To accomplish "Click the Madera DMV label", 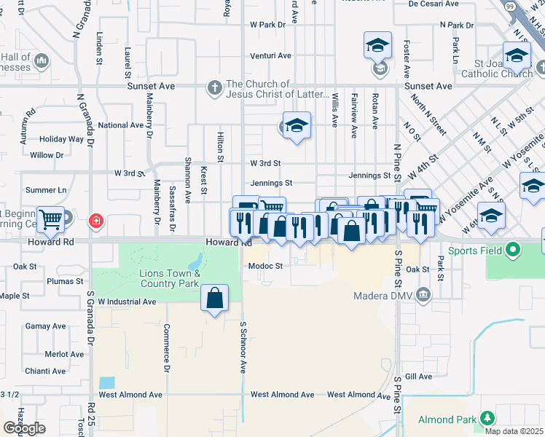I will pyautogui.click(x=383, y=296).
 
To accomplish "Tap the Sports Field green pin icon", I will pyautogui.click(x=513, y=251).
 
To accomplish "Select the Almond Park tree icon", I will pyautogui.click(x=486, y=419).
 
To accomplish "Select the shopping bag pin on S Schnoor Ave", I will pyautogui.click(x=214, y=298).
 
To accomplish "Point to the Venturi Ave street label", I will pyautogui.click(x=270, y=55).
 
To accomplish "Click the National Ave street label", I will pyautogui.click(x=121, y=125).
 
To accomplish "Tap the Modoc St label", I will pyautogui.click(x=265, y=266).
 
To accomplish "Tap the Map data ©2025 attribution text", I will pyautogui.click(x=514, y=431).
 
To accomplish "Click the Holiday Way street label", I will pyautogui.click(x=62, y=139).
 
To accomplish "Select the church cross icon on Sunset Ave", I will pyautogui.click(x=214, y=88).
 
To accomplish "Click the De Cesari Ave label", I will pyautogui.click(x=433, y=4).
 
